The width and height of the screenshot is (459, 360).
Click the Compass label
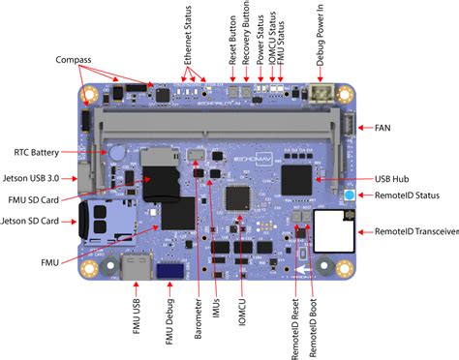80,58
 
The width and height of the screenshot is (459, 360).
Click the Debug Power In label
321,38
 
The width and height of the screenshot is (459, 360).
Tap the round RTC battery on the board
117,152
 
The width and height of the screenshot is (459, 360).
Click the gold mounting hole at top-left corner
90,96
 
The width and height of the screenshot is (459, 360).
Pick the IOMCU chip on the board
236,198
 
